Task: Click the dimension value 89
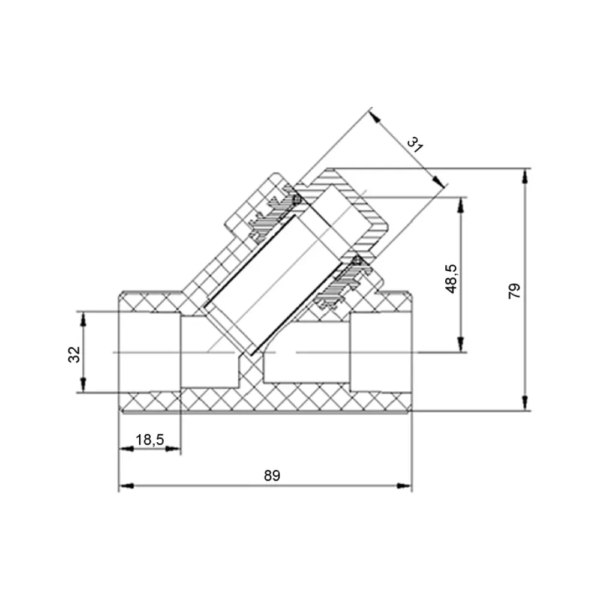pyautogui.click(x=272, y=476)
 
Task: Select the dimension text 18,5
pyautogui.click(x=149, y=440)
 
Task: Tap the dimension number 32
pyautogui.click(x=74, y=355)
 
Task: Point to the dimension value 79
pyautogui.click(x=514, y=291)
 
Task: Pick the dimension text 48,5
pyautogui.click(x=452, y=278)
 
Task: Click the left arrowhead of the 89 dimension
pyautogui.click(x=126, y=485)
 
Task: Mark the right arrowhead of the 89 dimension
pyautogui.click(x=404, y=485)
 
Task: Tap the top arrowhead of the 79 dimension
pyautogui.click(x=525, y=176)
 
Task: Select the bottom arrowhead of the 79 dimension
pyautogui.click(x=525, y=403)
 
